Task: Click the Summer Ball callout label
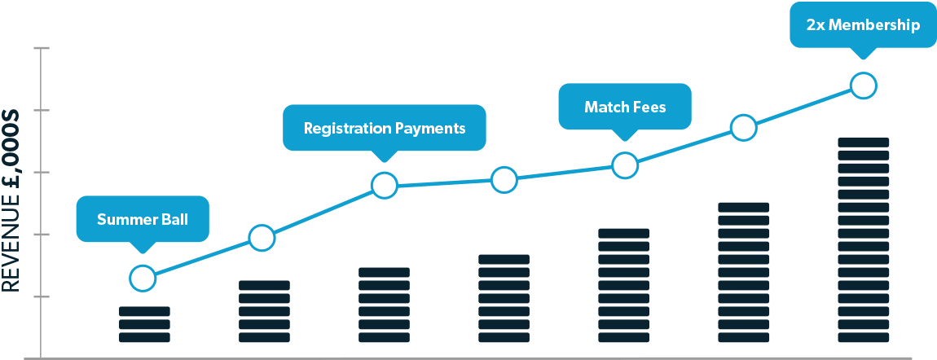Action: coord(143,219)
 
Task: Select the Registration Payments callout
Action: coord(385,128)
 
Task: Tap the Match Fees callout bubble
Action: coord(625,107)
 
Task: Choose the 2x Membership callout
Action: coord(863,25)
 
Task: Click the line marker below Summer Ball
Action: coord(143,278)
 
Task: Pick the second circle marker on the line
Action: coord(262,238)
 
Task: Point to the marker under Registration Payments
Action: coord(385,186)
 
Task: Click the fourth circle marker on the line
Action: coord(504,180)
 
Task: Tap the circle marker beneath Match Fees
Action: coord(625,165)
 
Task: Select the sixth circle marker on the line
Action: coord(743,128)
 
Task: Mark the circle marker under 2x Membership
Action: coord(863,86)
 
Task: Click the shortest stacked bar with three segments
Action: coord(144,324)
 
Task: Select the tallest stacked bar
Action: coord(864,240)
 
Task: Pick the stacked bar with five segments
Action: coord(264,311)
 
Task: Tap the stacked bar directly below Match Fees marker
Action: coord(624,285)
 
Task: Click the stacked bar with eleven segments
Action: coord(743,272)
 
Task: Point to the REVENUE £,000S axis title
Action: coord(11,200)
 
